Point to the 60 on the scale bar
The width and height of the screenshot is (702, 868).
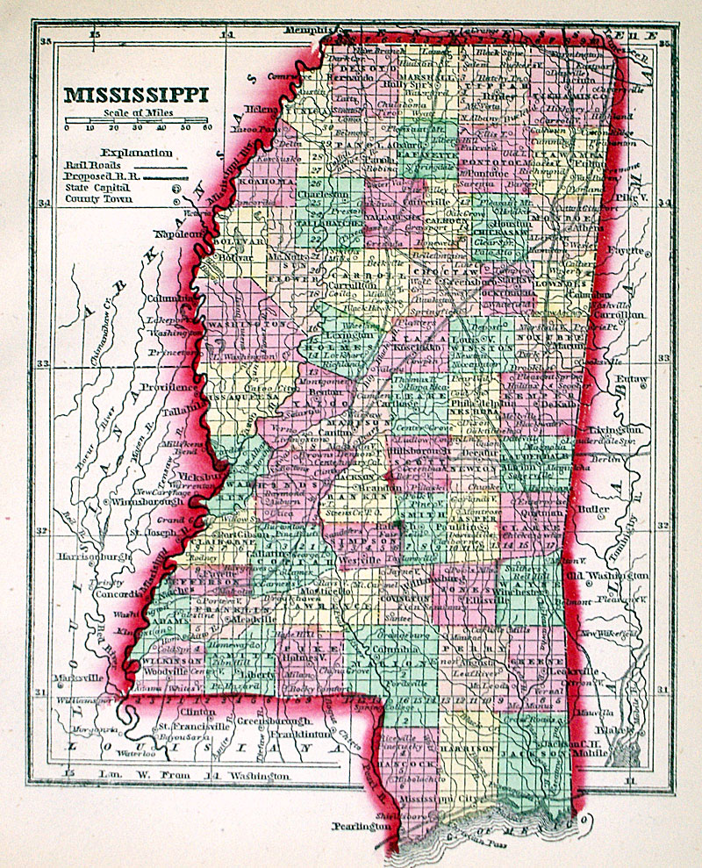click(x=207, y=128)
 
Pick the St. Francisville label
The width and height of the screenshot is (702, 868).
click(x=186, y=726)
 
